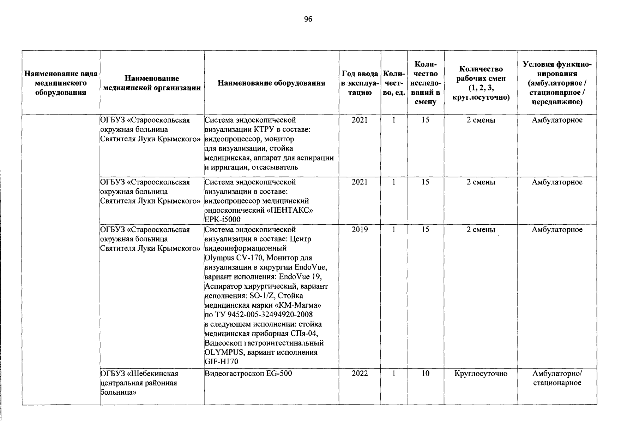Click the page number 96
point(308,19)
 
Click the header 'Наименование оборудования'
point(271,83)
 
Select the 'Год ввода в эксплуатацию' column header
point(360,83)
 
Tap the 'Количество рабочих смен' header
point(481,83)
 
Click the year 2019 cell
point(360,230)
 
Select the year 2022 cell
point(360,373)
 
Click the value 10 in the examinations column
point(425,373)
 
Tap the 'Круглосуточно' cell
point(481,373)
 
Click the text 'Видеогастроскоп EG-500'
point(248,373)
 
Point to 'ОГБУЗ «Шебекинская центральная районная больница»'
point(139,383)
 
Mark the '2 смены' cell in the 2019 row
point(481,230)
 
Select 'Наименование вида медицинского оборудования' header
point(61,83)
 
